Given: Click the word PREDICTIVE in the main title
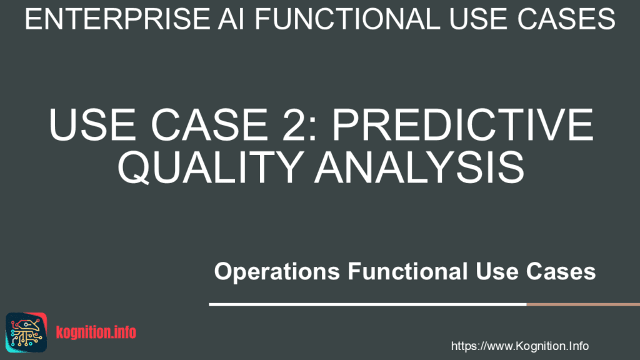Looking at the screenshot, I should [x=462, y=126].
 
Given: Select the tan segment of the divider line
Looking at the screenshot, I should [x=582, y=304].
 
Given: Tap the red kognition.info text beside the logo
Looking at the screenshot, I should [x=96, y=332].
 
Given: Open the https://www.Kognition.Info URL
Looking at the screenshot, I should [x=519, y=346].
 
